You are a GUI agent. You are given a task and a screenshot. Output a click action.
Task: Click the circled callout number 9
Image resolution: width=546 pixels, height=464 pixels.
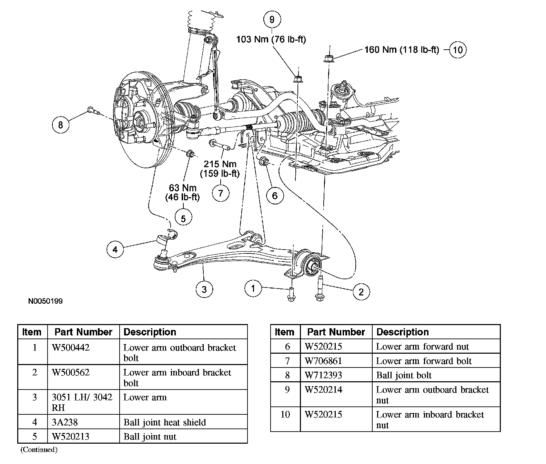pos(272,20)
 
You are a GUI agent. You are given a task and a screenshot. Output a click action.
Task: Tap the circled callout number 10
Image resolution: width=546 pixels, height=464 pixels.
pos(457,50)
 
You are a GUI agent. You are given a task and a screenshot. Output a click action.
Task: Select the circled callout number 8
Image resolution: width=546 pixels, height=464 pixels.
pos(61,124)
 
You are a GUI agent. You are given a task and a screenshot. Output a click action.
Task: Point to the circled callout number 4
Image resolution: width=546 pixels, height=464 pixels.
pos(115,249)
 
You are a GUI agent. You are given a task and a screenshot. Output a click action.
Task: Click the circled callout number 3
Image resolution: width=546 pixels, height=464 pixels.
pos(204,289)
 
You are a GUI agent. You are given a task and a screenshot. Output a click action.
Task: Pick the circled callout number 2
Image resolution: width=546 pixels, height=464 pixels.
pos(361,292)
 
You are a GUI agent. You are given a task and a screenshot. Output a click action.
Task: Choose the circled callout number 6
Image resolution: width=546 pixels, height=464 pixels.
pos(275,196)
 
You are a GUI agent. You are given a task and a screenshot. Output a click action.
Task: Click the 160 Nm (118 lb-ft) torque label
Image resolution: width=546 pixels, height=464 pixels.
pos(402,50)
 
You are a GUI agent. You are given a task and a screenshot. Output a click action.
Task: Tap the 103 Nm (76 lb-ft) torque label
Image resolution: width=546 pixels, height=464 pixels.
pos(271,39)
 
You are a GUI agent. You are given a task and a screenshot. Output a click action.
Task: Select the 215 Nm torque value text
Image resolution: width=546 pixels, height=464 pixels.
pos(220,164)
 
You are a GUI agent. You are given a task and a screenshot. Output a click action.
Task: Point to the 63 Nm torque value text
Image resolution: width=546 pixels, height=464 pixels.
pos(183,188)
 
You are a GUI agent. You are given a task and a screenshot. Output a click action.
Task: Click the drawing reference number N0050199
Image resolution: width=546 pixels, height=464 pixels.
pos(45,301)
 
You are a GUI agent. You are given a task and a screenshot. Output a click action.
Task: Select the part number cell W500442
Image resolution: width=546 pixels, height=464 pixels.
pos(71,347)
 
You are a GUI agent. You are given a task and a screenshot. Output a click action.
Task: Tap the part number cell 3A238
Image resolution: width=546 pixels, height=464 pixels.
pos(65,422)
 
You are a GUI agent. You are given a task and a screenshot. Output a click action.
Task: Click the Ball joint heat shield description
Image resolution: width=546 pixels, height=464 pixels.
pos(164,422)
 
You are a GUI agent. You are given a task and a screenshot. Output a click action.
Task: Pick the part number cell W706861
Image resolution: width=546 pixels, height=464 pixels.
pos(323,361)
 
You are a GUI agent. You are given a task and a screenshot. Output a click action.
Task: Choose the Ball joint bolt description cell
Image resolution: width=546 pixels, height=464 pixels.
pos(404,375)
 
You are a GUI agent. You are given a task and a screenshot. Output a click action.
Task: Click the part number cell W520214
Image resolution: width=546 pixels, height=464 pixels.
pos(323,390)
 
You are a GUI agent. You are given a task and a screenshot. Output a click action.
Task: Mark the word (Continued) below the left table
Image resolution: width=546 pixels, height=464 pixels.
pos(39,450)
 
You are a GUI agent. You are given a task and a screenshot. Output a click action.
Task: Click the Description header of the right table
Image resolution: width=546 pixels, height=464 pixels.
pos(402,332)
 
